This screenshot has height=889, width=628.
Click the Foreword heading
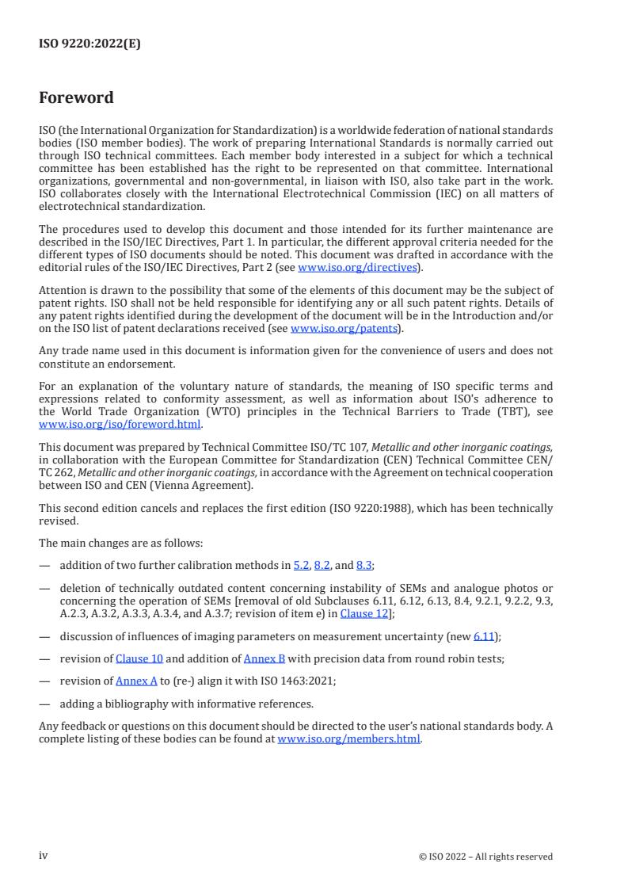[76, 98]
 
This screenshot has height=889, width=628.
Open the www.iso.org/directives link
[357, 267]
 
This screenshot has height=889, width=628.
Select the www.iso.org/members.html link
[348, 739]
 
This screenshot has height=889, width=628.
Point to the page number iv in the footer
[44, 856]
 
